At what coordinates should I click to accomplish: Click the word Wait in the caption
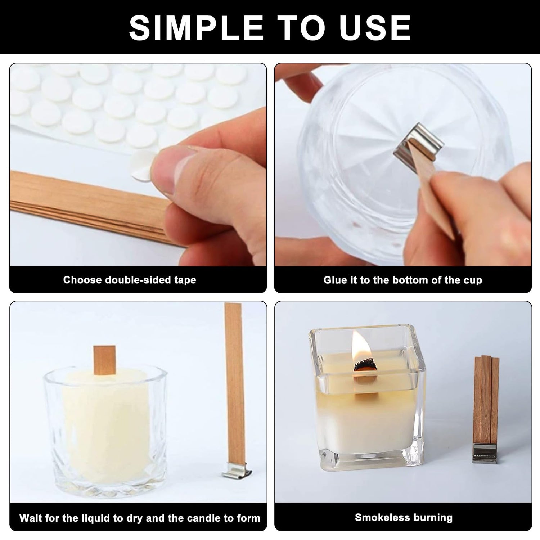coord(30,518)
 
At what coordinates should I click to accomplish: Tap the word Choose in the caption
coord(82,280)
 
